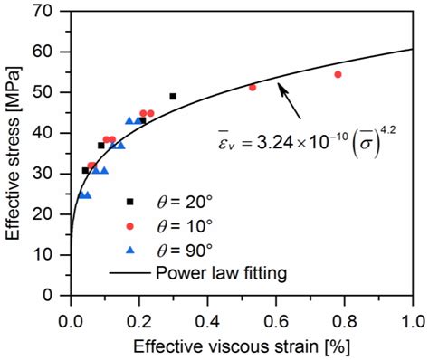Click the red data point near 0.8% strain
click(338, 74)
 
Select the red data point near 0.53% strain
click(253, 87)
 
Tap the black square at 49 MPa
click(173, 96)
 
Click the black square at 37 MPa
click(101, 145)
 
